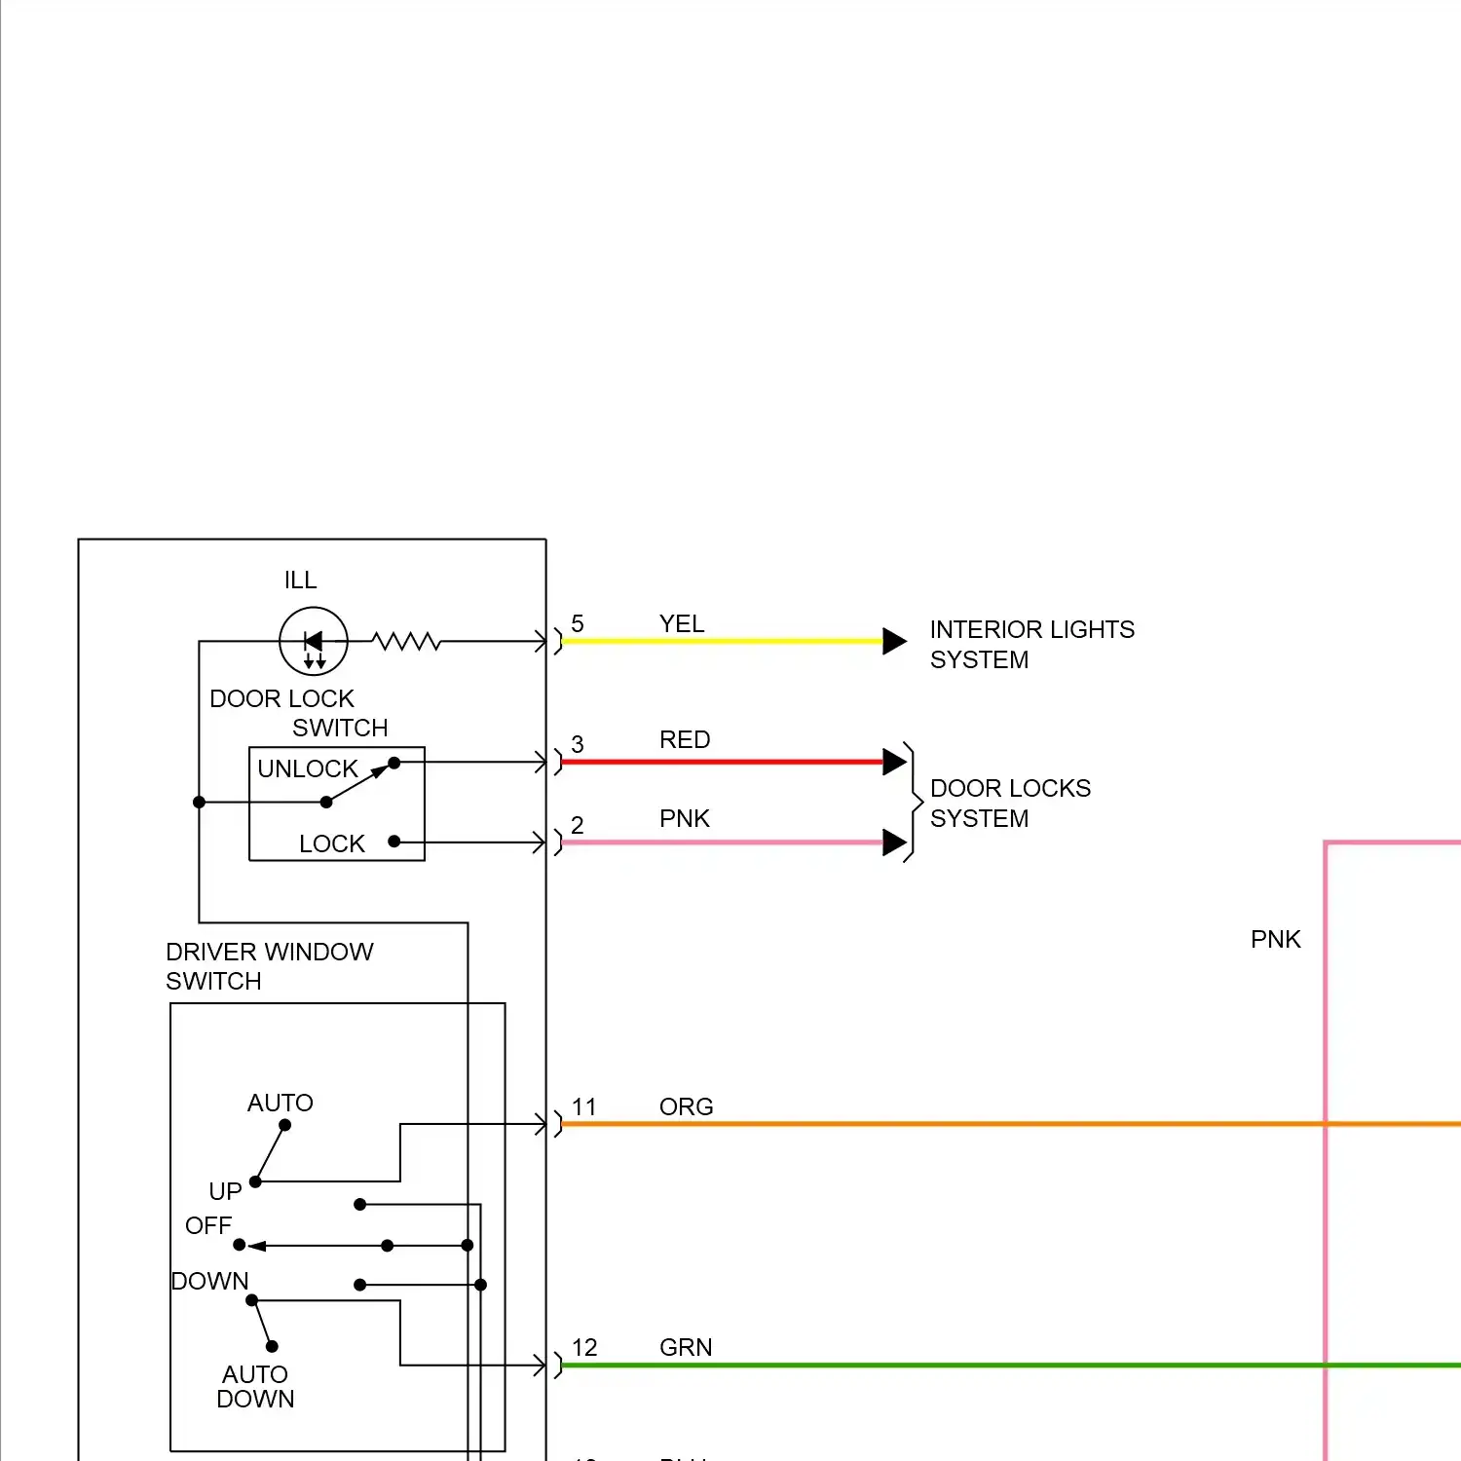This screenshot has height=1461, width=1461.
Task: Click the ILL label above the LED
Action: pos(300,581)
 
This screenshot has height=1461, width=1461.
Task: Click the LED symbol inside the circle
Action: pos(314,641)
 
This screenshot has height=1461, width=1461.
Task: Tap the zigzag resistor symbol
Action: pos(406,641)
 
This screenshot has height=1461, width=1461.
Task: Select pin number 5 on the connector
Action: pos(578,623)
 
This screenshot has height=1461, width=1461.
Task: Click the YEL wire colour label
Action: pos(682,623)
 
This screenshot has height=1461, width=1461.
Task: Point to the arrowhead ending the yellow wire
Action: pos(894,641)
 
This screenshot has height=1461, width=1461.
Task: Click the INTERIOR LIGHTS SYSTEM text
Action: pos(1031,644)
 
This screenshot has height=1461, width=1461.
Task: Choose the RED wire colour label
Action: pos(685,739)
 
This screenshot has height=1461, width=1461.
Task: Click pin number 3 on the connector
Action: pos(578,744)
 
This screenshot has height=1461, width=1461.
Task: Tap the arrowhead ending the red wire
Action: pos(894,762)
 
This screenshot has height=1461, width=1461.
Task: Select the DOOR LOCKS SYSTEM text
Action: pos(1010,803)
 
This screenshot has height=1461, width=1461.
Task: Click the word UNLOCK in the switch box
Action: pos(308,768)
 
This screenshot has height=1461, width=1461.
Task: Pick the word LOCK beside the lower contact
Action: pos(332,843)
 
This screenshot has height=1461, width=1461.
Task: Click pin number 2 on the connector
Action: pos(578,825)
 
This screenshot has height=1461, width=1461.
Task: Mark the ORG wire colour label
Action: pos(687,1106)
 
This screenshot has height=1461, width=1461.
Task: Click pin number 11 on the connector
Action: pos(584,1106)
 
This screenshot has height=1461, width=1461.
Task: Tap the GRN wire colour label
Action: pos(686,1347)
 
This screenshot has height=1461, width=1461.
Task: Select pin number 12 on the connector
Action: pos(584,1347)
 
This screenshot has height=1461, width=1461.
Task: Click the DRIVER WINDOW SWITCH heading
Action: pos(269,965)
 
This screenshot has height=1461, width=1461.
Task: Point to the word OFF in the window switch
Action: pos(208,1225)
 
